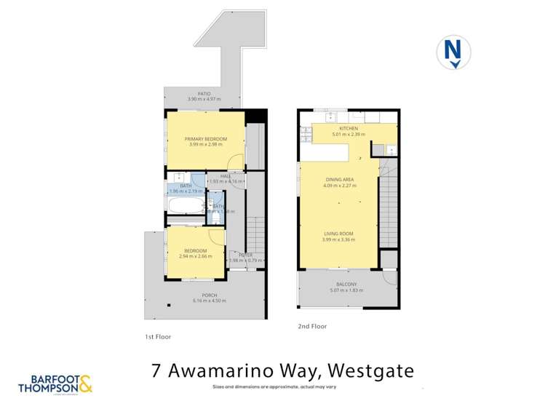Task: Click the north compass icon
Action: [453, 53]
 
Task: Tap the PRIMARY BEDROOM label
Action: [206, 139]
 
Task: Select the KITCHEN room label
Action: [349, 128]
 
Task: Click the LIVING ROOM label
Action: [339, 234]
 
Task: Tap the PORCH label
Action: [210, 295]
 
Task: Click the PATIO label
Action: [199, 93]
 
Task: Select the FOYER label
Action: [245, 255]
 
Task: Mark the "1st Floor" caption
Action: [157, 337]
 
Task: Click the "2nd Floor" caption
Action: [312, 327]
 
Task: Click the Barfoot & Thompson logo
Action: [56, 384]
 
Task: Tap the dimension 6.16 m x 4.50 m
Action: [210, 301]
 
